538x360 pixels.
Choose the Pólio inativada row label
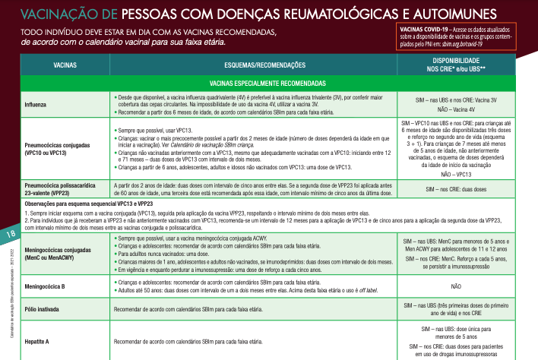click(x=44, y=309)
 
